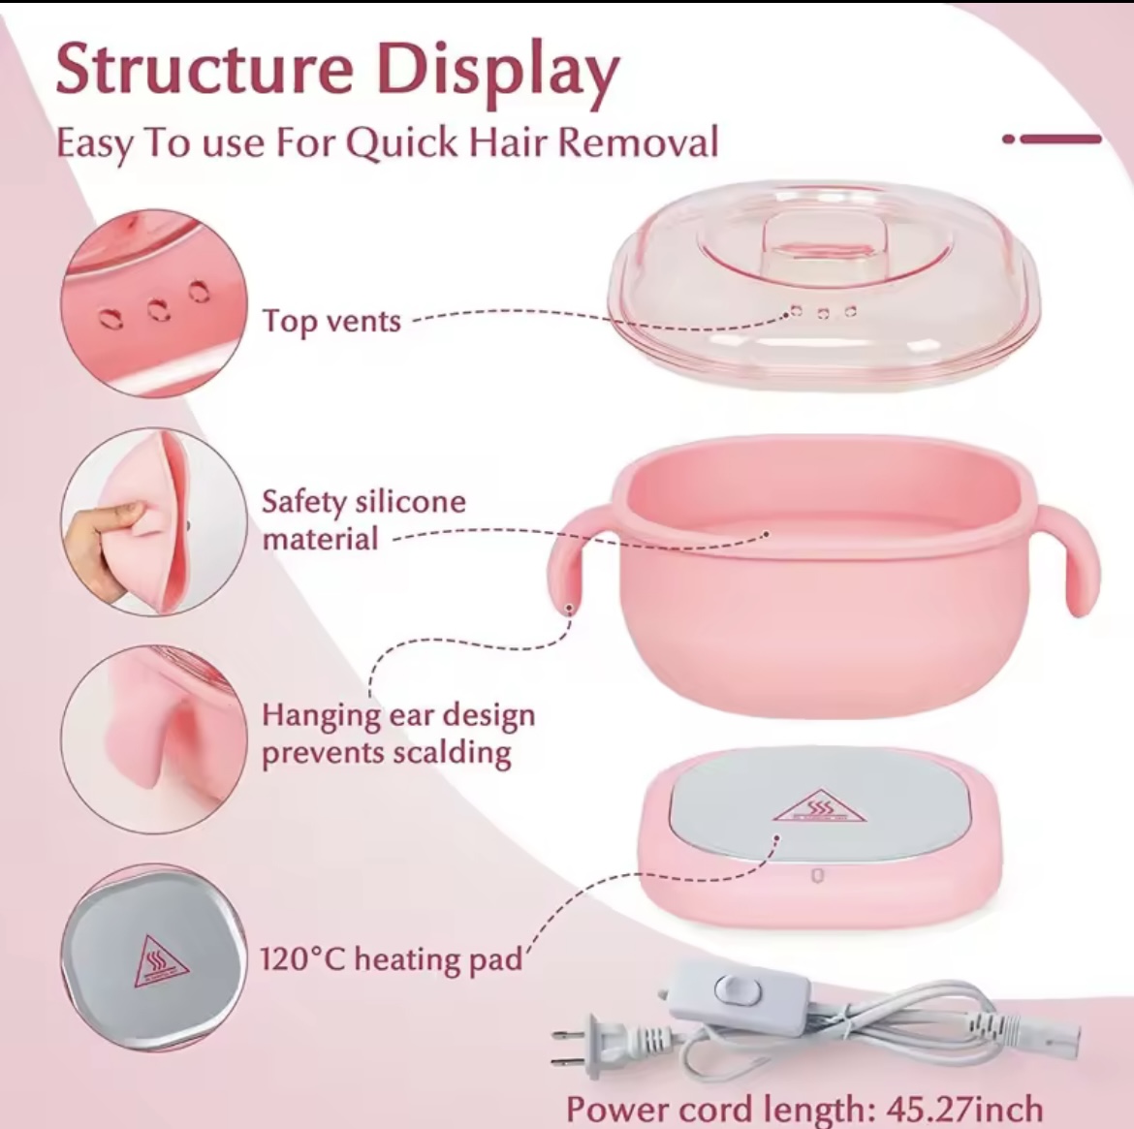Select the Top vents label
pos(331,320)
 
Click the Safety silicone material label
pos(363,520)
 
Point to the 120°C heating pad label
pos(392,959)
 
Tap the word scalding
pos(452,753)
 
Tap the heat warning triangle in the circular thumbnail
pos(161,962)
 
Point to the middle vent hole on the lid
pos(823,313)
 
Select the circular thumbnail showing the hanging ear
pos(154,739)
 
